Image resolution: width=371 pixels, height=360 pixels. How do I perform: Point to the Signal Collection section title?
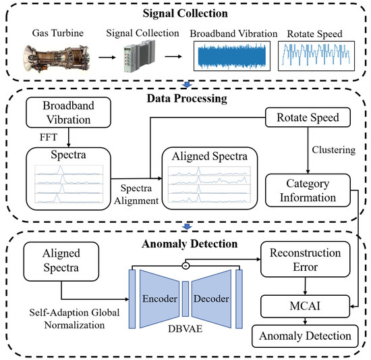[185, 14]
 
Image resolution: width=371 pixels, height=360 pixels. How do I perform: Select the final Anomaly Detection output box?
[307, 335]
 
